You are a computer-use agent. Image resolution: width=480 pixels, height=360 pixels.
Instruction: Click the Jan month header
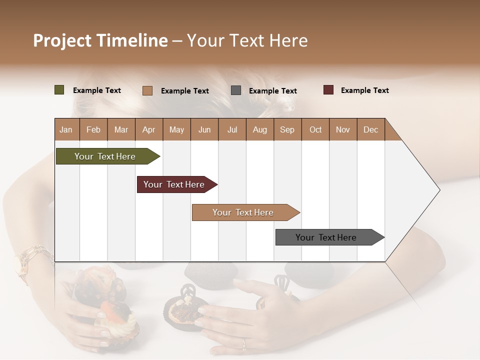[66, 129]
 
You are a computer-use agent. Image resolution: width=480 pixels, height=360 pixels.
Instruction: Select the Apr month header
[149, 129]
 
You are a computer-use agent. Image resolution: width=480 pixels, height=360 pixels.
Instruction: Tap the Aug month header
[260, 129]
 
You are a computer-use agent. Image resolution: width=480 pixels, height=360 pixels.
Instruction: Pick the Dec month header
[370, 129]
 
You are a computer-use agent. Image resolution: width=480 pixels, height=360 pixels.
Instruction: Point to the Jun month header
[204, 129]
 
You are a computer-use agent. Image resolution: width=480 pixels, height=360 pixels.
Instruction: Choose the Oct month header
[315, 129]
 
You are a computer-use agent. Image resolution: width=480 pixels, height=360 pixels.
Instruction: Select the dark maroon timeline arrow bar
[175, 184]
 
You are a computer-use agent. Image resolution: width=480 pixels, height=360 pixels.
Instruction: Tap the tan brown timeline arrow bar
[244, 212]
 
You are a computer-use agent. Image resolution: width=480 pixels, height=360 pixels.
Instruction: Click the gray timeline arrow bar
[327, 237]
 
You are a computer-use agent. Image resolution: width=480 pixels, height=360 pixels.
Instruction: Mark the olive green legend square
[59, 90]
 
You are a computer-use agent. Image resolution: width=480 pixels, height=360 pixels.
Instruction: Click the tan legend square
[147, 90]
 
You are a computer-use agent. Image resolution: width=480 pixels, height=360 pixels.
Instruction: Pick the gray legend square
[236, 90]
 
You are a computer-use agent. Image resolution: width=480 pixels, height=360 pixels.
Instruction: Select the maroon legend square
[328, 90]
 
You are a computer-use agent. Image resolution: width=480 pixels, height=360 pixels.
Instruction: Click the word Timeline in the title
[132, 40]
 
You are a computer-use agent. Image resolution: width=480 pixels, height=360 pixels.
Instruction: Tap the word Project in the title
[63, 40]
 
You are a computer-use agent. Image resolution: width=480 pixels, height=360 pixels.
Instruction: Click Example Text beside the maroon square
[364, 90]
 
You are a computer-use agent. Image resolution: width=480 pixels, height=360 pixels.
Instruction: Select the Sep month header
[287, 129]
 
